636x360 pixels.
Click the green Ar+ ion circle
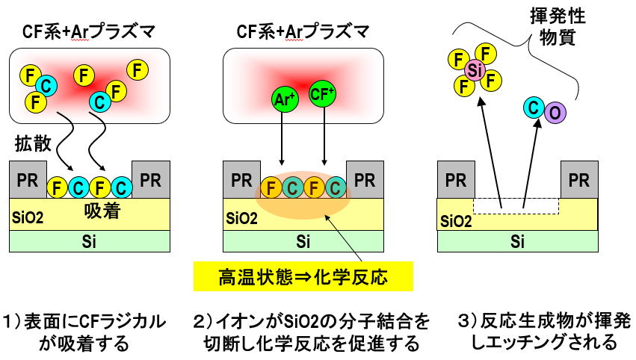tap(283, 98)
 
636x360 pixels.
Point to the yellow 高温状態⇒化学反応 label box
tap(303, 276)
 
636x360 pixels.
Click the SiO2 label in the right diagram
tap(455, 221)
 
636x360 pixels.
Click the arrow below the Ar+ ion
tap(283, 138)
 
